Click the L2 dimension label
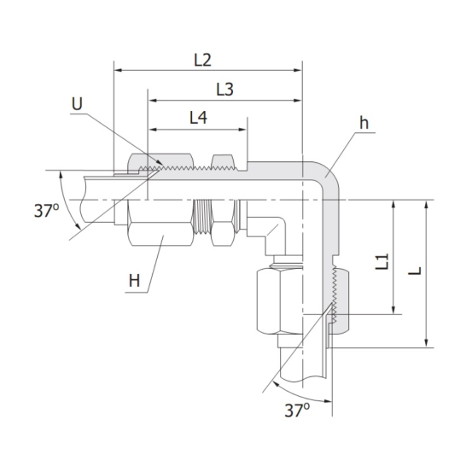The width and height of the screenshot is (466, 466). click(x=202, y=61)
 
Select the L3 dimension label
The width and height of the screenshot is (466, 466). click(x=224, y=89)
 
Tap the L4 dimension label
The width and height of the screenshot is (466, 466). click(x=197, y=119)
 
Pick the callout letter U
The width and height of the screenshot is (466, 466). click(x=78, y=104)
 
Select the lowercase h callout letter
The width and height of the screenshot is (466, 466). click(x=364, y=122)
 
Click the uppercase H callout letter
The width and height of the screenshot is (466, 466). click(x=134, y=279)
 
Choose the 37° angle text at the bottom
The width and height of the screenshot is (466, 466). click(x=295, y=411)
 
